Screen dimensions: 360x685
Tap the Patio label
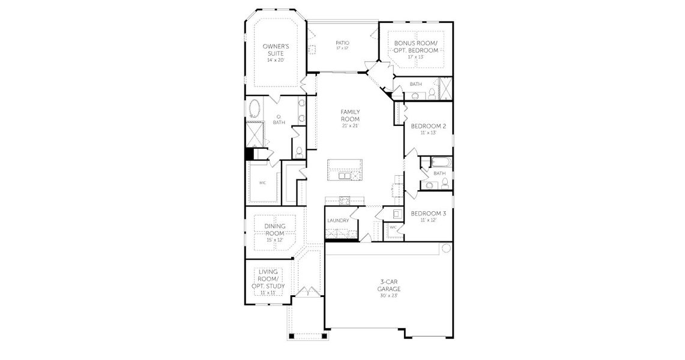coord(342,43)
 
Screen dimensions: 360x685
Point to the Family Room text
coord(350,115)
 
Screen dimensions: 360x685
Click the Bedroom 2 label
coord(428,126)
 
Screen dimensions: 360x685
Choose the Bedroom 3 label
coord(428,213)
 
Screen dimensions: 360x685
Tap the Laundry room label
coord(338,220)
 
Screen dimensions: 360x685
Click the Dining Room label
coord(274,229)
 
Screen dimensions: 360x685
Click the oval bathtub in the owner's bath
coord(255,110)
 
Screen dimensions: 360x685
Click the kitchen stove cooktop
coord(345,201)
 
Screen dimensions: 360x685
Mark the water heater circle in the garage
coord(446,248)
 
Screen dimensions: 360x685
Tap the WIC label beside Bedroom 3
coord(393,227)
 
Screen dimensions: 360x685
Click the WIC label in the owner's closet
coord(262,183)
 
